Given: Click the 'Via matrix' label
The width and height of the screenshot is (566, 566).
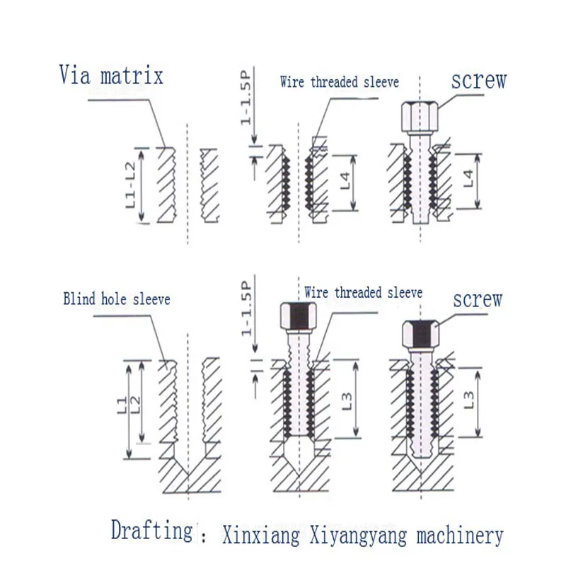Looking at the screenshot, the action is coord(111,75).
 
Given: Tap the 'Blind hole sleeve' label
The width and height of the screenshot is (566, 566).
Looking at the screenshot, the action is coord(117,299).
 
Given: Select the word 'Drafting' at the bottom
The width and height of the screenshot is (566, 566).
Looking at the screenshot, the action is coord(152,531).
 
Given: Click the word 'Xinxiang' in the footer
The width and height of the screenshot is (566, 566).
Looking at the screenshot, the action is coord(260,535).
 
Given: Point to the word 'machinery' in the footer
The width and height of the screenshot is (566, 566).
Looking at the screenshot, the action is coord(460,535).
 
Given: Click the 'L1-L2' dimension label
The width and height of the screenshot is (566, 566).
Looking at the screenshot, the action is coord(131,185).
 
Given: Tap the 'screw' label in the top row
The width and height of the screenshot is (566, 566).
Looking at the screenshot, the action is coord(479,80).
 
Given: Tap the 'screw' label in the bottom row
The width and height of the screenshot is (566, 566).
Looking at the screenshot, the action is coord(478,299).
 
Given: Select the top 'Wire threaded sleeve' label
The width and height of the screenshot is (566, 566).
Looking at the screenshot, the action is coord(340,82).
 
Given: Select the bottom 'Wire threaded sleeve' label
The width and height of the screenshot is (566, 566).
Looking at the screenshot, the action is coord(364,292).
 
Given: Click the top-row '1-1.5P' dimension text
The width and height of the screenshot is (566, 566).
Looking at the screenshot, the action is coord(246,98).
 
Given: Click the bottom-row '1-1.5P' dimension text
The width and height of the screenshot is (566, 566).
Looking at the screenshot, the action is coord(246,308).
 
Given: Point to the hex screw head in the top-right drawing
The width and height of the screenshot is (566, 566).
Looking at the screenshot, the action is coord(420,117).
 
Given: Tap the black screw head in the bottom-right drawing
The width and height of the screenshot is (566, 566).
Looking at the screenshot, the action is coord(420,333).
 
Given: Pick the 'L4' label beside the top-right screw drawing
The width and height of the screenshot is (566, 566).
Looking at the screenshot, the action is coord(468,178).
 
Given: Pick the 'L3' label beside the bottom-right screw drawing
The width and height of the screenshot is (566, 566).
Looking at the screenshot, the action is coord(468,400).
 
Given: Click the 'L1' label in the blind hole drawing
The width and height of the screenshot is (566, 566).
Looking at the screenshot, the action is coord(122,405).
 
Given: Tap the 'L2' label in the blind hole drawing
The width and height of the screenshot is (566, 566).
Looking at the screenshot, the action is coord(135,405).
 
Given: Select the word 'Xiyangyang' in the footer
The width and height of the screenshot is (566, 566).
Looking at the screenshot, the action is coord(358,536).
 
